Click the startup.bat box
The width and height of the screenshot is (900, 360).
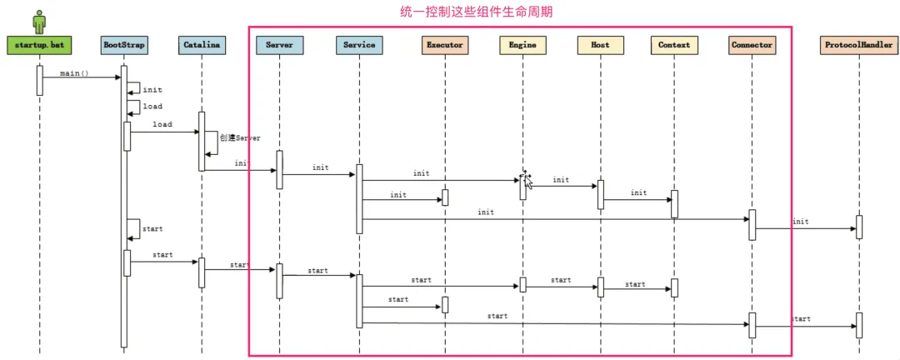click(39, 45)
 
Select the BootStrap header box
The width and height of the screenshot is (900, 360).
click(124, 45)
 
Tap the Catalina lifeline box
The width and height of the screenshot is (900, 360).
click(202, 45)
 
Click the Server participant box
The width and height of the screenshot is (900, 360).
click(279, 45)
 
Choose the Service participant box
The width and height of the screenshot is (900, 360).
click(359, 45)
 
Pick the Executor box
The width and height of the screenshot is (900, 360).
click(444, 45)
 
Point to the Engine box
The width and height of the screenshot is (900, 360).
click(522, 45)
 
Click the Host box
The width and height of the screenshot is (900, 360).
click(599, 45)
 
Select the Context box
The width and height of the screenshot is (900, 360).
click(674, 45)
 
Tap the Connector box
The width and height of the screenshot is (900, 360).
click(751, 45)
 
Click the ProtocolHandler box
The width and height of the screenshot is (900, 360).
click(858, 45)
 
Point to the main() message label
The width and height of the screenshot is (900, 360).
click(75, 73)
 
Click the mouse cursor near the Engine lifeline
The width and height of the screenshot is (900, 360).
click(526, 179)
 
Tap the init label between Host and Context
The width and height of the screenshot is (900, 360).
click(638, 193)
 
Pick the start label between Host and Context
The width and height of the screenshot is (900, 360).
click(635, 284)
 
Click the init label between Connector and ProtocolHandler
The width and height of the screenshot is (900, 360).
click(800, 222)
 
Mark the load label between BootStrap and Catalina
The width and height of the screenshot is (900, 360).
click(162, 124)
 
